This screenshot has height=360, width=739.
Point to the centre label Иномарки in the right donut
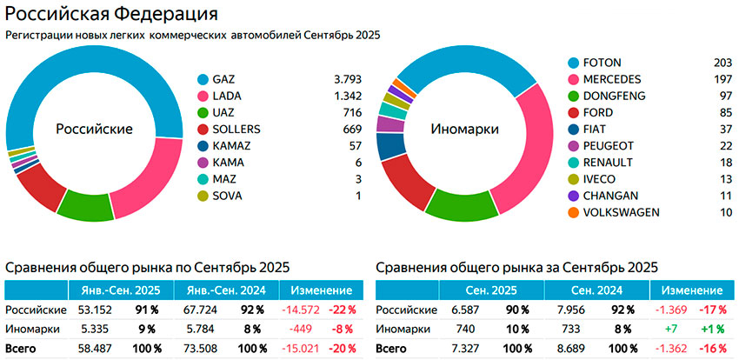[x=464, y=129]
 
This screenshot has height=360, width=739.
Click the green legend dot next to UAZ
[x=203, y=113]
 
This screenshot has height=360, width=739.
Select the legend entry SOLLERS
[x=237, y=130]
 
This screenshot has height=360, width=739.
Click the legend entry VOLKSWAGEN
[x=622, y=212]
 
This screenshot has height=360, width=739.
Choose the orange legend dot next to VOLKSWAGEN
[x=574, y=212]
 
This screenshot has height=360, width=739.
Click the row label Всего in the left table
[x=23, y=348]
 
